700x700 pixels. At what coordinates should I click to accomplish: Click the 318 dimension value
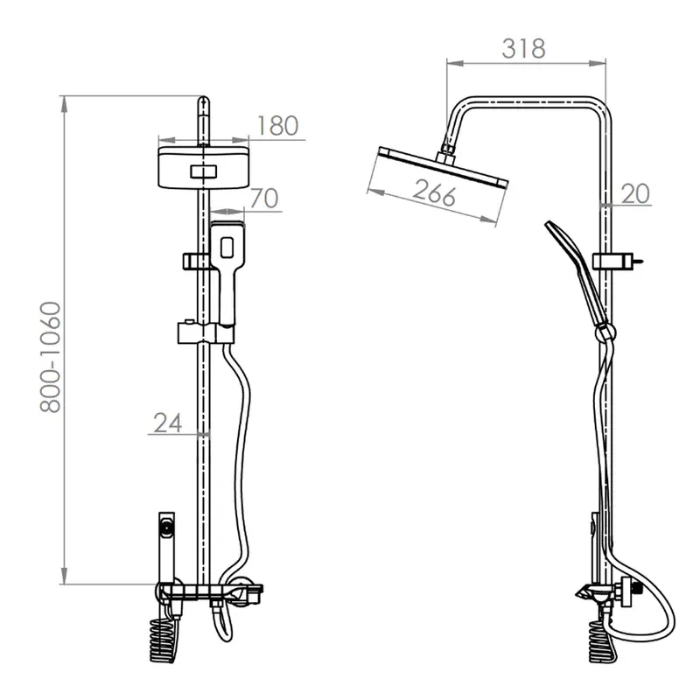tap(523, 49)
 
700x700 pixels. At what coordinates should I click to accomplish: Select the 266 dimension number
tap(434, 192)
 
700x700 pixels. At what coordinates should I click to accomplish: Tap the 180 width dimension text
tap(277, 125)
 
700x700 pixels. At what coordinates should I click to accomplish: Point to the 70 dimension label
tap(264, 199)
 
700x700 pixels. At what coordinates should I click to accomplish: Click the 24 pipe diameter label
tap(167, 423)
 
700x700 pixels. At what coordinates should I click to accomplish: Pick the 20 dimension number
tap(635, 193)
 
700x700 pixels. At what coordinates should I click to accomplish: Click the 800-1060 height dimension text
tap(50, 357)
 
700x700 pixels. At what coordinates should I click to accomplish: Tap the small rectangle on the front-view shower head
tap(204, 171)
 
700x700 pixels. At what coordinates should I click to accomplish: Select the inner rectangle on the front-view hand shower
tap(227, 248)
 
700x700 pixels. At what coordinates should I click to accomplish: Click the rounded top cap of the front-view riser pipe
tap(203, 101)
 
